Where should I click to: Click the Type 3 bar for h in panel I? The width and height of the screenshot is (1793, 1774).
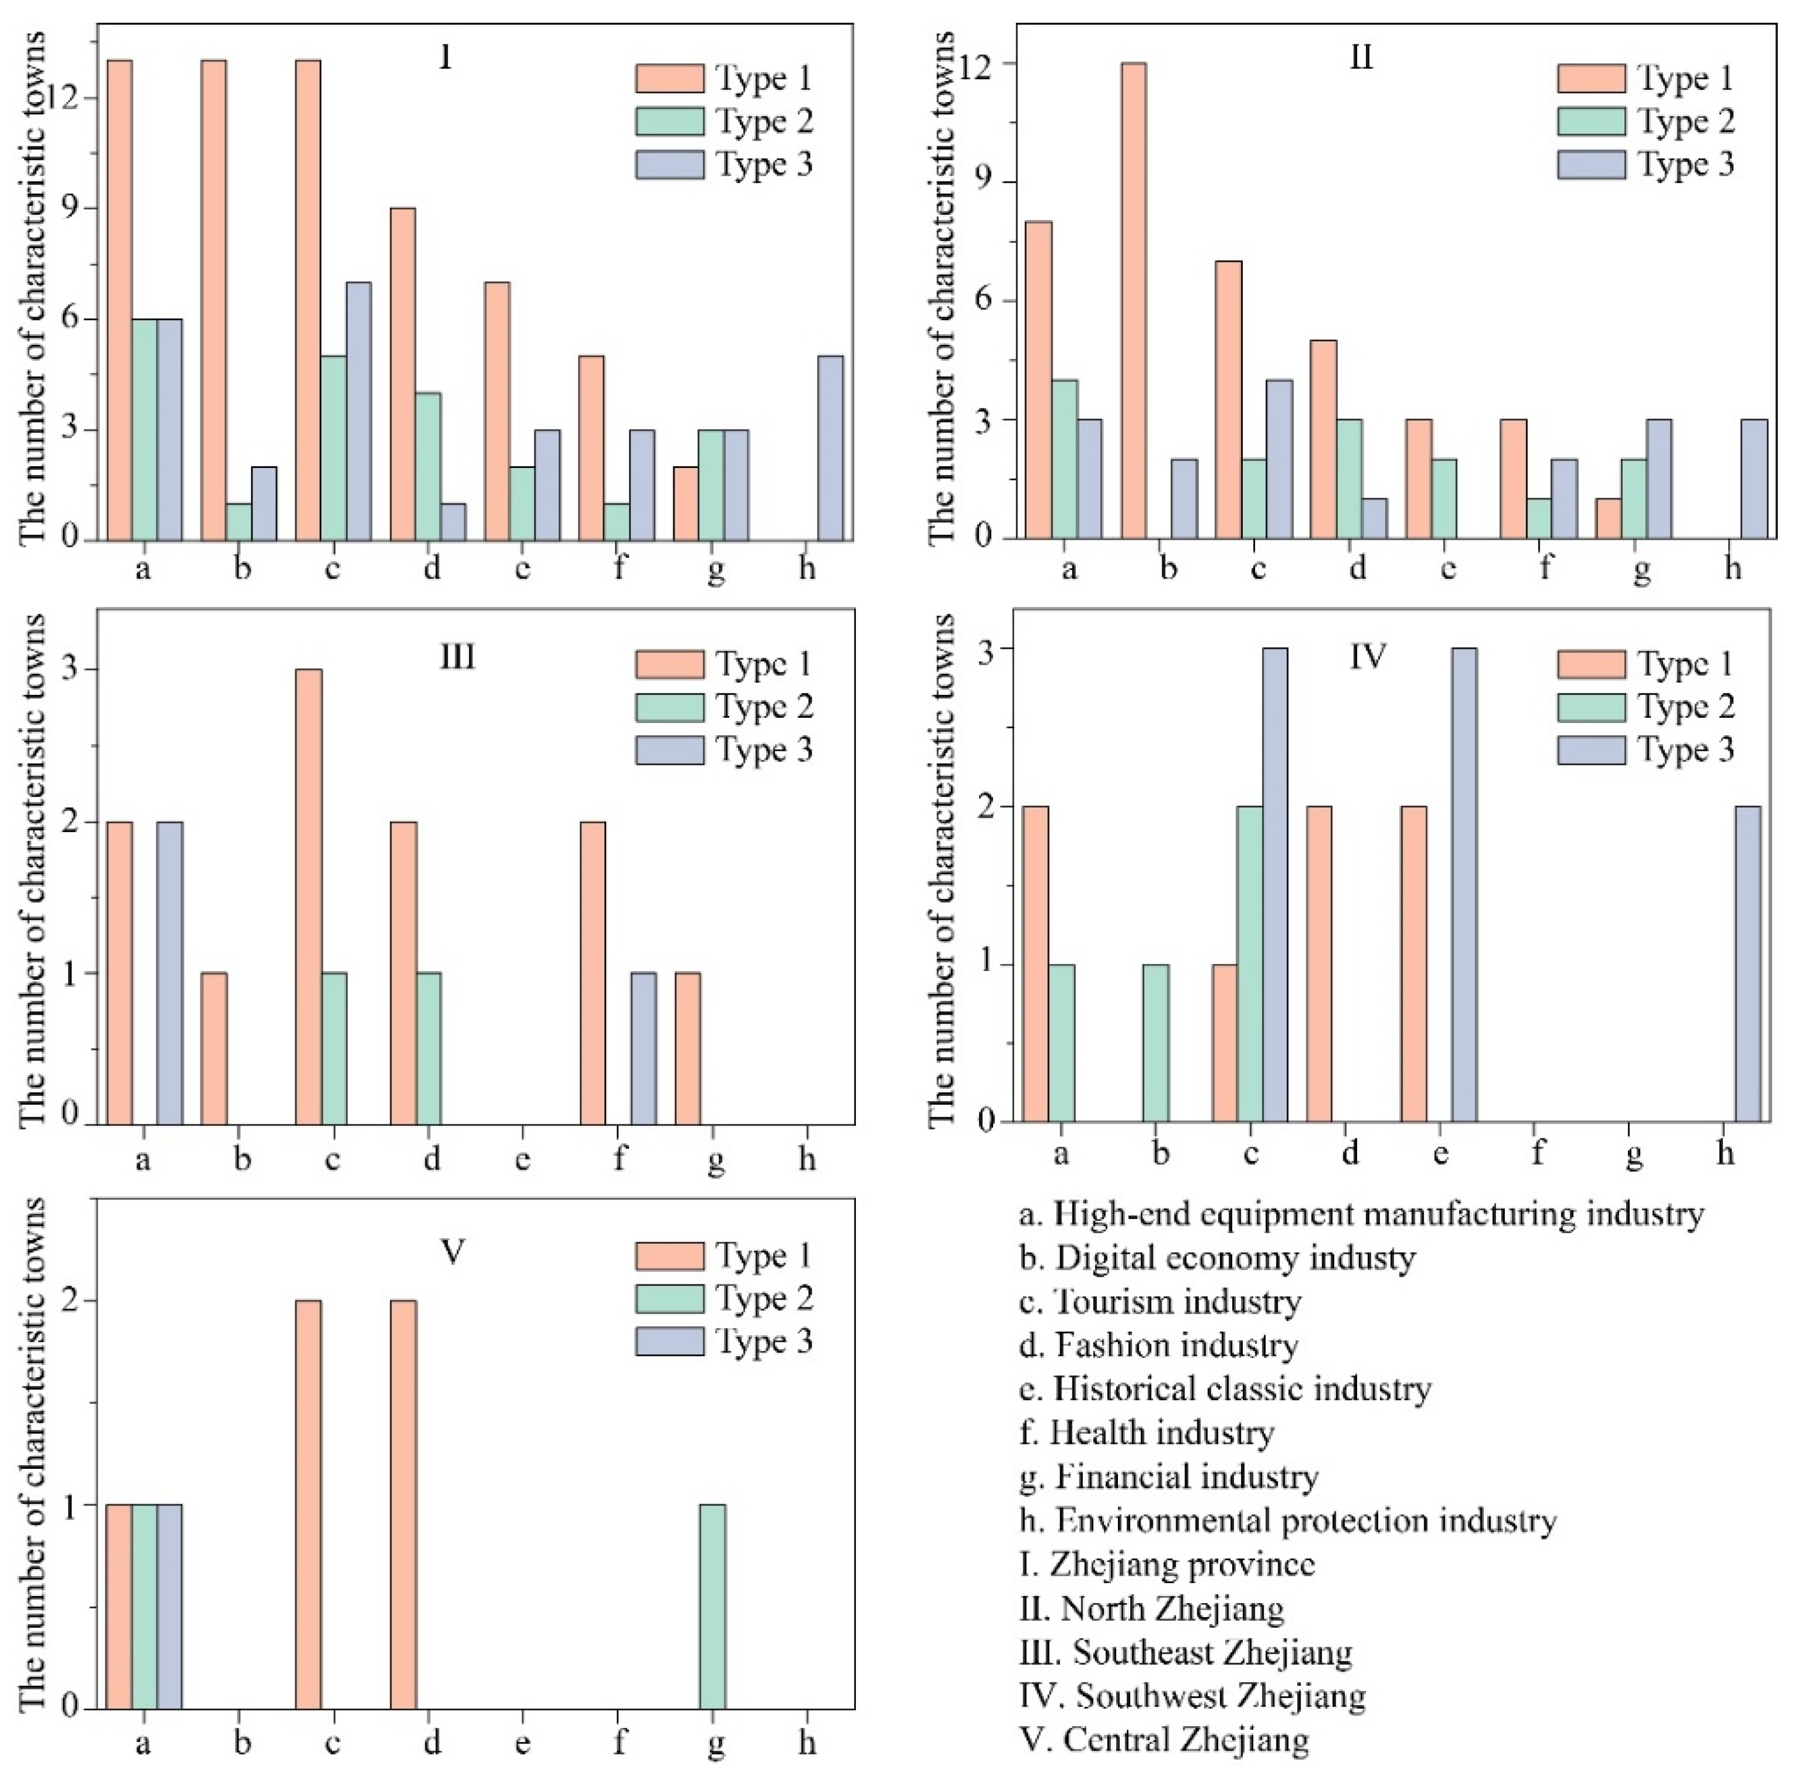(831, 448)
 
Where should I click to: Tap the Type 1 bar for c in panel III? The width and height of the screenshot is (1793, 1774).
(309, 897)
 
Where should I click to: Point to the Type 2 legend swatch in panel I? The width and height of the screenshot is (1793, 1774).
(669, 121)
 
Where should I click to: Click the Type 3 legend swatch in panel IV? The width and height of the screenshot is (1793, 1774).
(1591, 750)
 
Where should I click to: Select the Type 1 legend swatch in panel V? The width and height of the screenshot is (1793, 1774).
(669, 1255)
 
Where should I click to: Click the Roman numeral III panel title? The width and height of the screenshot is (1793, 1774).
(457, 657)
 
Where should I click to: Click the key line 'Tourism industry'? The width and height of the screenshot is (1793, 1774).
(1160, 1301)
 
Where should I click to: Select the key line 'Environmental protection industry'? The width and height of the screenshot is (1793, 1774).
(1287, 1520)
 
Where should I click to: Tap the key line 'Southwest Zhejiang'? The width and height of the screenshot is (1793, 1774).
(1193, 1695)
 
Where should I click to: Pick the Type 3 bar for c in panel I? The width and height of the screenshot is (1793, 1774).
(358, 411)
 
